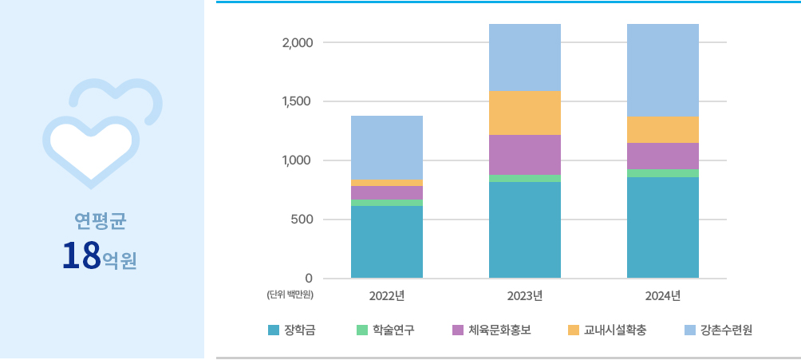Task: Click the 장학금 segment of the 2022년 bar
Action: click(387, 242)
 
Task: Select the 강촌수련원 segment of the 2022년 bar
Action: click(387, 148)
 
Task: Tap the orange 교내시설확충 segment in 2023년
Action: click(524, 113)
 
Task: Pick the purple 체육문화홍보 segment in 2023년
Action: click(524, 155)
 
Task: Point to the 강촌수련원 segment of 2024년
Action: click(662, 70)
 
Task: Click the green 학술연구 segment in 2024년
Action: click(662, 173)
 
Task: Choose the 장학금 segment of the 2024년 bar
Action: click(662, 227)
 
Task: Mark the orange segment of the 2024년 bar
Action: click(662, 129)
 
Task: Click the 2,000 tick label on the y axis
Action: click(298, 42)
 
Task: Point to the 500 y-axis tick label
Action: click(302, 220)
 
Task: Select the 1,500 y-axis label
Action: click(298, 101)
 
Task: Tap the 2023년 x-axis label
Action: click(524, 296)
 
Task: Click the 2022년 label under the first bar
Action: click(387, 296)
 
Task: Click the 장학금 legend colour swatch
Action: click(274, 330)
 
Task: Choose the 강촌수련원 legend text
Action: click(727, 330)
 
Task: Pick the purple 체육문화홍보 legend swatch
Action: click(457, 330)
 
